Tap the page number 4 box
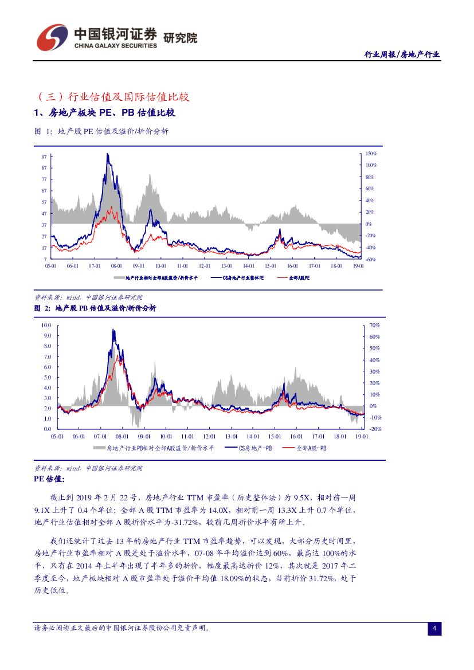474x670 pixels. (434, 629)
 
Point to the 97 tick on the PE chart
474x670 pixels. (44, 156)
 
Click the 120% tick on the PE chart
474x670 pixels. (371, 154)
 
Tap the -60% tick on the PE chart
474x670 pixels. (371, 260)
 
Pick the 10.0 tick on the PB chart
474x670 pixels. (46, 325)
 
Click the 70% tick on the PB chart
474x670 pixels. (375, 325)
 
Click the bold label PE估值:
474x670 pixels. (50, 479)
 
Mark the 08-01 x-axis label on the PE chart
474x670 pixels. (116, 266)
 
